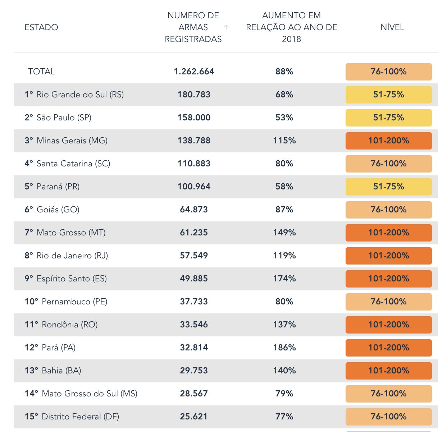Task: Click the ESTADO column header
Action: pos(41,27)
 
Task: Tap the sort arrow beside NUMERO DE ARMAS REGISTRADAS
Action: pos(226,27)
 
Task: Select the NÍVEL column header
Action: pos(392,27)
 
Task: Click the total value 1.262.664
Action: pos(194,72)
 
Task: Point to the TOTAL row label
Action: pos(41,72)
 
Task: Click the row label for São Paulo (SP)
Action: pos(58,118)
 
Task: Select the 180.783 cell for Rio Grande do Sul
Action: pos(194,95)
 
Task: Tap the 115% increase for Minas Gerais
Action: pos(284,141)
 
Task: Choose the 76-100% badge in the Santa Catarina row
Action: pos(388,164)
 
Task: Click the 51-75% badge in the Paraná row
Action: pos(388,187)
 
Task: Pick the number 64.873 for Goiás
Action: pos(194,210)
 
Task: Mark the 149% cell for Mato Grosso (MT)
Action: pos(284,233)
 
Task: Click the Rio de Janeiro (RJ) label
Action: pos(67,256)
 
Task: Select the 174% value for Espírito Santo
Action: pos(284,279)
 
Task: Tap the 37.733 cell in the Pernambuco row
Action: pos(194,302)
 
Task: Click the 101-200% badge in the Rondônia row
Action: pos(388,325)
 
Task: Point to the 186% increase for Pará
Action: pos(284,348)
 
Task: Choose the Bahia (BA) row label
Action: pos(53,371)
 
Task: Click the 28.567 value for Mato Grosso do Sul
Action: pos(194,394)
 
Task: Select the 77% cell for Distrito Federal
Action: pos(284,417)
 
